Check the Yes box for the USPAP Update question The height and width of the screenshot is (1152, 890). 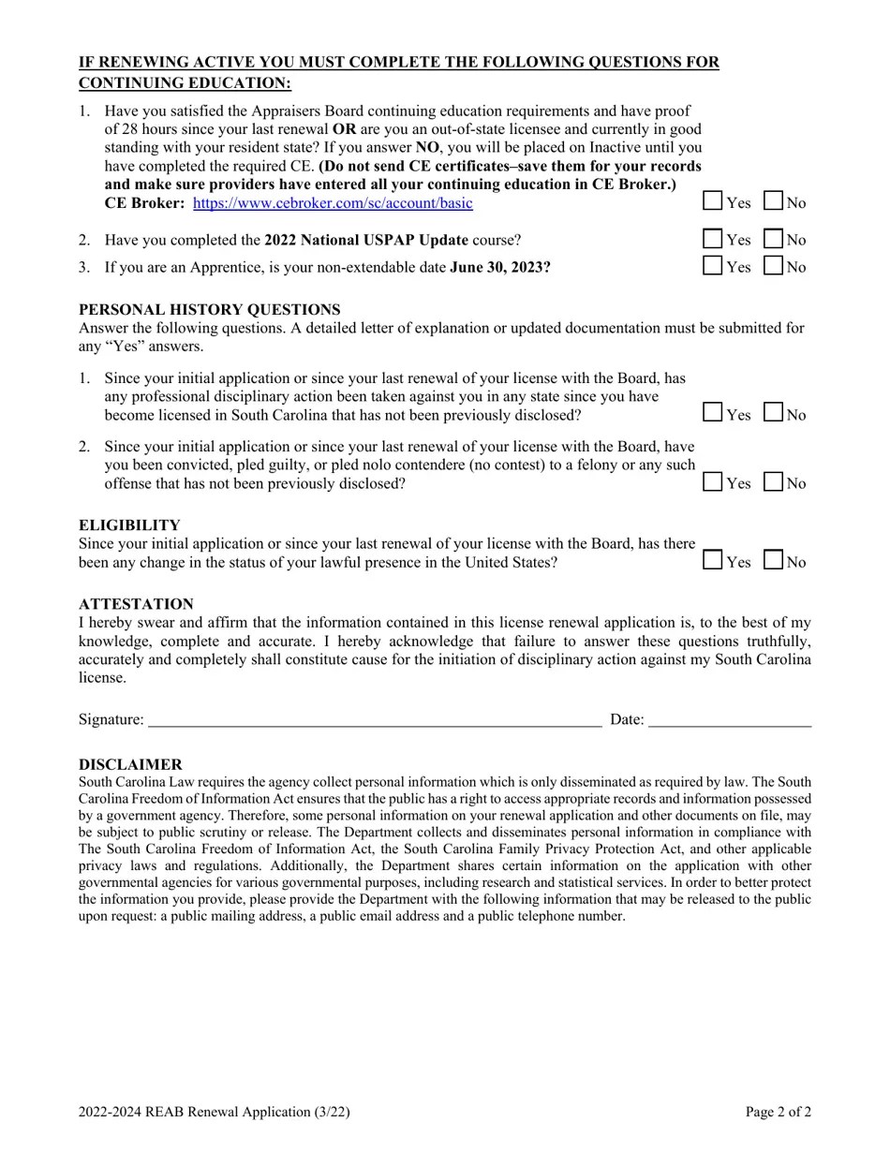(713, 239)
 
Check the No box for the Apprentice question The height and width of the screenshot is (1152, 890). (774, 266)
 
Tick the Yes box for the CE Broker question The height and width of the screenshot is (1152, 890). (713, 201)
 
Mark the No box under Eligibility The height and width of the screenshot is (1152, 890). (774, 561)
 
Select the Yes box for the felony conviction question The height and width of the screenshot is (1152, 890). (713, 482)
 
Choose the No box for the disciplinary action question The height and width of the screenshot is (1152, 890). (774, 413)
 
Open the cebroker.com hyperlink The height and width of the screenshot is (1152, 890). (333, 203)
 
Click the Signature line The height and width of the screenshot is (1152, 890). (375, 719)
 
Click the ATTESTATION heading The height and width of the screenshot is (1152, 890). (136, 604)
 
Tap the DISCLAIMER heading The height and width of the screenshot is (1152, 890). (130, 764)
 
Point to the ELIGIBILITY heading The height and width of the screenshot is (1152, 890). (129, 525)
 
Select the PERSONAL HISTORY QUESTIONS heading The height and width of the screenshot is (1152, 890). (209, 309)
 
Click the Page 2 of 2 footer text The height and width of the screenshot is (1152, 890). (778, 1112)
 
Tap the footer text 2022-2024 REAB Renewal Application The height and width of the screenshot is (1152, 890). (214, 1112)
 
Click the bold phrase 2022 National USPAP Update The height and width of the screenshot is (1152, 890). (366, 240)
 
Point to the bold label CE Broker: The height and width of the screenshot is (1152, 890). (144, 203)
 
